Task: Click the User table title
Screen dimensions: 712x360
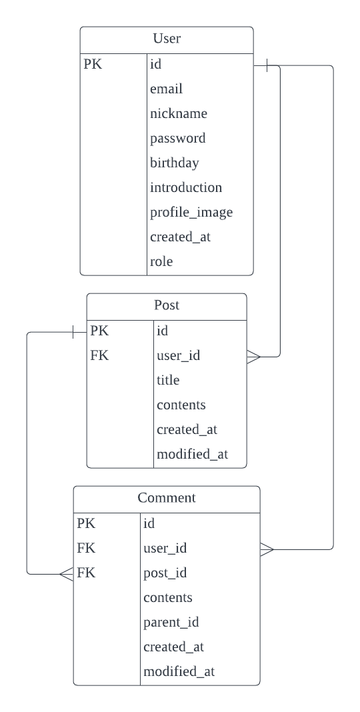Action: click(167, 39)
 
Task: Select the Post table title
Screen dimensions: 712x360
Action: click(167, 305)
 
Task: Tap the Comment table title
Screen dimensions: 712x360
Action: click(167, 498)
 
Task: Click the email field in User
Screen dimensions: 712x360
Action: click(166, 89)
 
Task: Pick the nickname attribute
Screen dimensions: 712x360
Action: click(178, 114)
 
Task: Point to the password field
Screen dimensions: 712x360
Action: click(177, 139)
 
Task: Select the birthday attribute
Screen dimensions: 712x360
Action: click(174, 163)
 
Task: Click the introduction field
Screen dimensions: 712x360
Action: click(185, 187)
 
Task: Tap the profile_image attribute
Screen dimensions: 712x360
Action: click(191, 212)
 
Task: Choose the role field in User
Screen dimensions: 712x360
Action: click(161, 261)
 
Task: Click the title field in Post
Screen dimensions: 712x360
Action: click(168, 380)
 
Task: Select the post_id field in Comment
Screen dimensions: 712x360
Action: click(164, 573)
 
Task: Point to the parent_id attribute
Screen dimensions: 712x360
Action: click(171, 622)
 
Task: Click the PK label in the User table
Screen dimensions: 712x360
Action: click(93, 65)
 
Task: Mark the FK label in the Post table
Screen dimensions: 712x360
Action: click(99, 355)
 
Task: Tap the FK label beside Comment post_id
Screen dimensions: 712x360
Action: click(86, 573)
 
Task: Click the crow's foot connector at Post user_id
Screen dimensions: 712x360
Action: click(254, 357)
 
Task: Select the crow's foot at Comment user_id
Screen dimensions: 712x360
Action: click(267, 549)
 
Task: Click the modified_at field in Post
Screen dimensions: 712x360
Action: click(192, 454)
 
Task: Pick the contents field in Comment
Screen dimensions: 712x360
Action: click(167, 597)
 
